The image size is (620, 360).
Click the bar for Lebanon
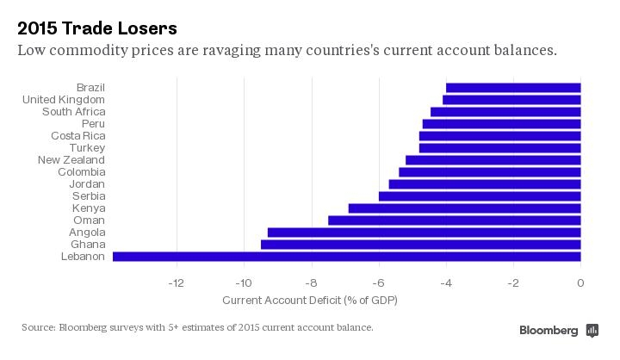346,257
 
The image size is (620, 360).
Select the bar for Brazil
513,88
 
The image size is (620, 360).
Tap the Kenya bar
464,208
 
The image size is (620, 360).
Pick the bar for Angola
424,233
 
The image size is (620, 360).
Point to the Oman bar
454,220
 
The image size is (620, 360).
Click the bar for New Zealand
493,160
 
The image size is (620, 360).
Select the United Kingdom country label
63,100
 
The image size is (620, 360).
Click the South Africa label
73,112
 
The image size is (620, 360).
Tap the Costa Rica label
77,136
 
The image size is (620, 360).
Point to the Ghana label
88,245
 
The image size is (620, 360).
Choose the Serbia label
89,196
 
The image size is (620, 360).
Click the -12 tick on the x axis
176,282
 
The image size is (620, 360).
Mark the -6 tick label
378,282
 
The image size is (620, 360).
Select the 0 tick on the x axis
580,282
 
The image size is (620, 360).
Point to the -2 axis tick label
513,282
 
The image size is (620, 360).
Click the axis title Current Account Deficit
309,301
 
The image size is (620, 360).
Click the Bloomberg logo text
549,331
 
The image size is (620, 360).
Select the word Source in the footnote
38,327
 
